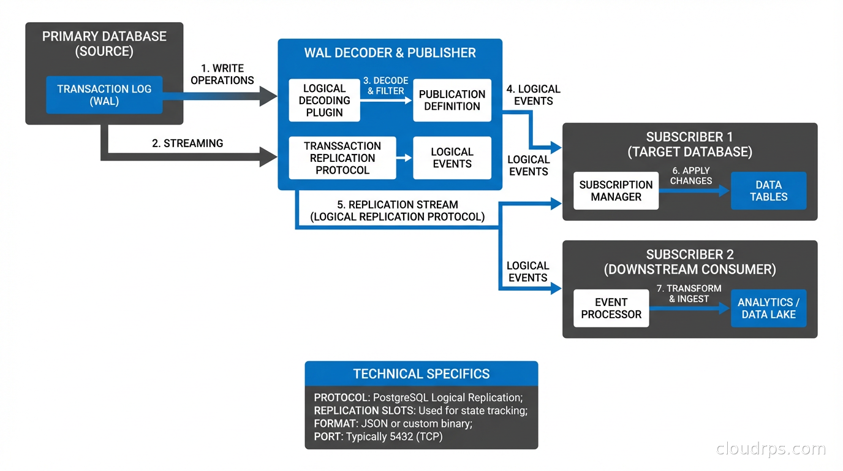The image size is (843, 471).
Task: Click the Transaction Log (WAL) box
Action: [x=104, y=95]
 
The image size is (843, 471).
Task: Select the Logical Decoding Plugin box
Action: [x=324, y=101]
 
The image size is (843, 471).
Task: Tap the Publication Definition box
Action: [x=452, y=101]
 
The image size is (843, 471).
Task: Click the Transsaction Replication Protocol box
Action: [x=342, y=158]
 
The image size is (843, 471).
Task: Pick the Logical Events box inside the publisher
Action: [x=452, y=158]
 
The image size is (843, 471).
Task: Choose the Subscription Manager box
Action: [x=616, y=191]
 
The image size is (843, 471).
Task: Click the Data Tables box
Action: [x=768, y=191]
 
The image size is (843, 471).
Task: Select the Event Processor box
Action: [x=611, y=308]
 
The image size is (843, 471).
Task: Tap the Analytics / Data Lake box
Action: [x=768, y=308]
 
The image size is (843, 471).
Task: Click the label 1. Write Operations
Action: [x=222, y=74]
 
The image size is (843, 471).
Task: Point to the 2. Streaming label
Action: [x=187, y=144]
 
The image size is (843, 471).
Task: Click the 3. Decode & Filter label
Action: [x=386, y=86]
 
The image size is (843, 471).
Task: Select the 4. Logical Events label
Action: [x=533, y=95]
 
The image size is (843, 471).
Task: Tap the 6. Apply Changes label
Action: [x=691, y=175]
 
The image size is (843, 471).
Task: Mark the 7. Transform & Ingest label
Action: [x=689, y=294]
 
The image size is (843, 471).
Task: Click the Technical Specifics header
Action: [x=421, y=374]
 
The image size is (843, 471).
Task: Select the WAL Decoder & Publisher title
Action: [x=390, y=53]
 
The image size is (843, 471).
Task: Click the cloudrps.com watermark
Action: [x=771, y=449]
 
